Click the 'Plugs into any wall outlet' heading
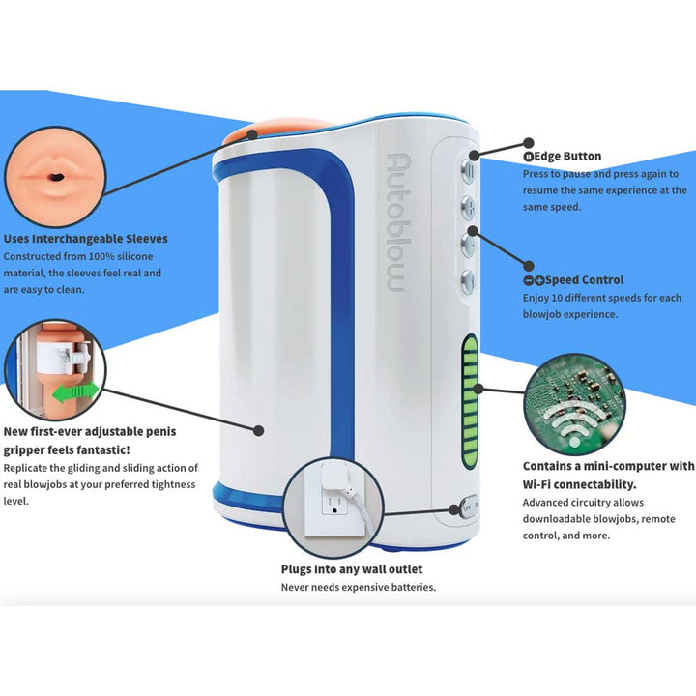coord(352,569)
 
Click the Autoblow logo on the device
coord(395,221)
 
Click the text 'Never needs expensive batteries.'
coord(358,587)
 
